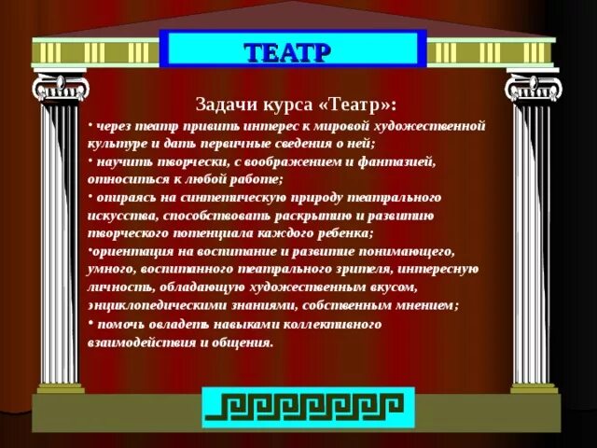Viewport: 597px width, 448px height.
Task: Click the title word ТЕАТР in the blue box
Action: (x=293, y=50)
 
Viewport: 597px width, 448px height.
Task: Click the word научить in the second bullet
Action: (x=118, y=161)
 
